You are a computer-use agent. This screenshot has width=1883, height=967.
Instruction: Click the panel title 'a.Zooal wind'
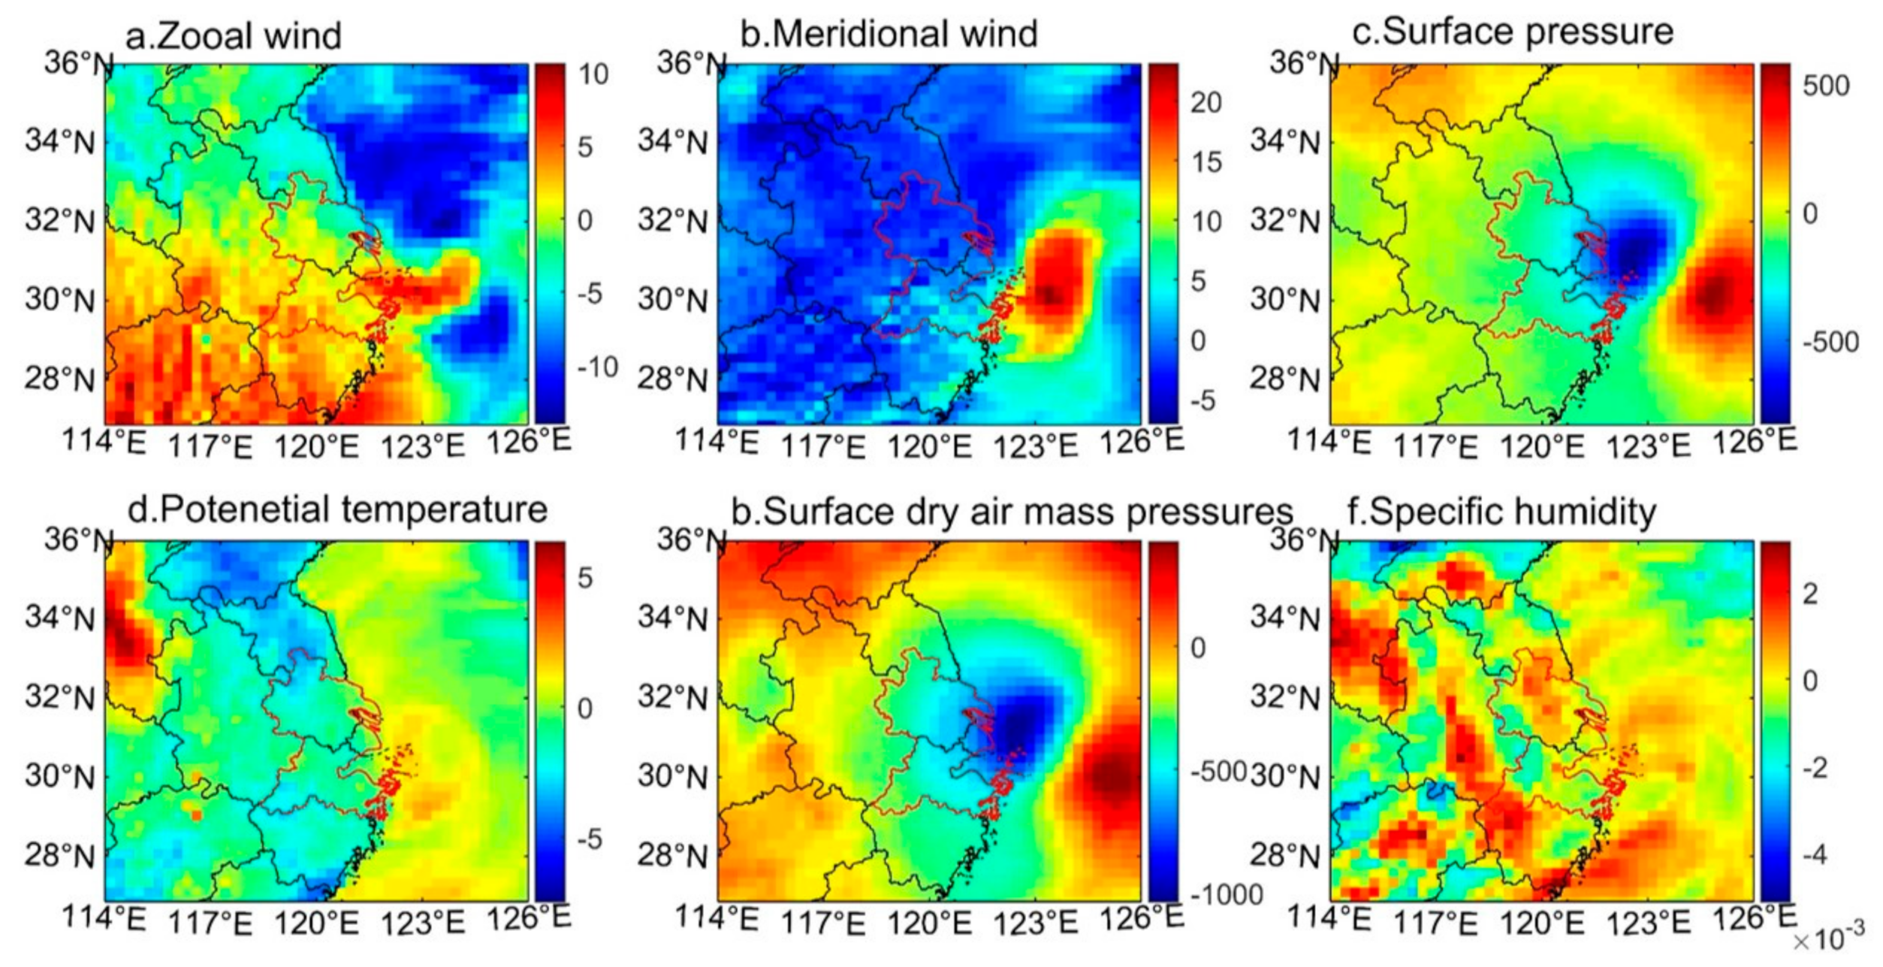click(x=233, y=35)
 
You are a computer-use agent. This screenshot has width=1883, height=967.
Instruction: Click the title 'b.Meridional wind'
click(x=889, y=34)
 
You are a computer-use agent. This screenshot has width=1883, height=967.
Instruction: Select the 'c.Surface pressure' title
click(x=1512, y=32)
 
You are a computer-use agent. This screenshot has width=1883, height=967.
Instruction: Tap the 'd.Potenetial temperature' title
click(x=337, y=509)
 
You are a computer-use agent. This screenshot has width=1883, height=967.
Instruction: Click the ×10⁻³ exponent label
click(x=1827, y=938)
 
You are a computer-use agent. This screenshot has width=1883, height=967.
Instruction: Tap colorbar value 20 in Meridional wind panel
click(x=1206, y=102)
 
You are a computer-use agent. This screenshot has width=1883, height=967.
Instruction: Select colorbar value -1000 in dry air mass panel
click(x=1226, y=894)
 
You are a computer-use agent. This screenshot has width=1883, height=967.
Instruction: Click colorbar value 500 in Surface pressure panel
click(x=1825, y=86)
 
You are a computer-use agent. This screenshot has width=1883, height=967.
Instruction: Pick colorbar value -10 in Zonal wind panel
click(x=597, y=367)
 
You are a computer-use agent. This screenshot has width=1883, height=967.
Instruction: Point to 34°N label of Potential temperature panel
click(x=60, y=618)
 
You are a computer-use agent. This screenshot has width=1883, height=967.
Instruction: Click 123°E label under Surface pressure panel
click(x=1647, y=446)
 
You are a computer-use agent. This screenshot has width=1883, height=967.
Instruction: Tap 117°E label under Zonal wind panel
click(x=210, y=446)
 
